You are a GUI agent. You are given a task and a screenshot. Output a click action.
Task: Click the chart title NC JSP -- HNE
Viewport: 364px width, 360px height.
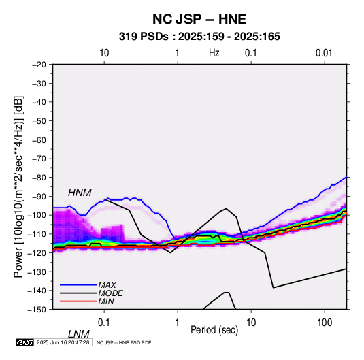199,19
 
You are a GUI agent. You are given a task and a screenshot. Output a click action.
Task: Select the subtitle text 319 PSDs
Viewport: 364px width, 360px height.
144,37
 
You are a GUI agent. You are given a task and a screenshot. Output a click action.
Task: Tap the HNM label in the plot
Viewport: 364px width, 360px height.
80,193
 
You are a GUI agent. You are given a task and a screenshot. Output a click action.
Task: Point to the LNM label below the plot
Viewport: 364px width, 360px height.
78,334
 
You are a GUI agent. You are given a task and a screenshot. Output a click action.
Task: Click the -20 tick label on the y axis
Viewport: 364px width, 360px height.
39,65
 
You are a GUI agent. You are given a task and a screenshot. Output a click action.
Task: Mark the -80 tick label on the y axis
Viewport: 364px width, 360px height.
39,178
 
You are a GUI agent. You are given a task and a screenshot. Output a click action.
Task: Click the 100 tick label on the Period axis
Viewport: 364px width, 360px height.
324,323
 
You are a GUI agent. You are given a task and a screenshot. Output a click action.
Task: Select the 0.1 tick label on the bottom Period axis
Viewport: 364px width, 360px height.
104,323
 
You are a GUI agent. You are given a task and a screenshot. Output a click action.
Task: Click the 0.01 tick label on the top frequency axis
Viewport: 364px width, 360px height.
324,53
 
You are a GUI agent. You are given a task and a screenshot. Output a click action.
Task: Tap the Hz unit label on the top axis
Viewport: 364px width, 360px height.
214,53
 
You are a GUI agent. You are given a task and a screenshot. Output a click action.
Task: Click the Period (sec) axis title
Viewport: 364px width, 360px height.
214,330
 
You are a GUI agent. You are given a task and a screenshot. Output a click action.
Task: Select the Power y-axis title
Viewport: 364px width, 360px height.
18,186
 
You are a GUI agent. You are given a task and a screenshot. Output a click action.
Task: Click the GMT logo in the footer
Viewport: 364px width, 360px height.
24,342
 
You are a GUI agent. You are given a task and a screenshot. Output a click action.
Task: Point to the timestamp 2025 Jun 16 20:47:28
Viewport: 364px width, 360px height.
63,342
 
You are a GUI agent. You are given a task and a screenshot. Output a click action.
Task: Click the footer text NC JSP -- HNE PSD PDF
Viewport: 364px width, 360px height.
124,342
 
